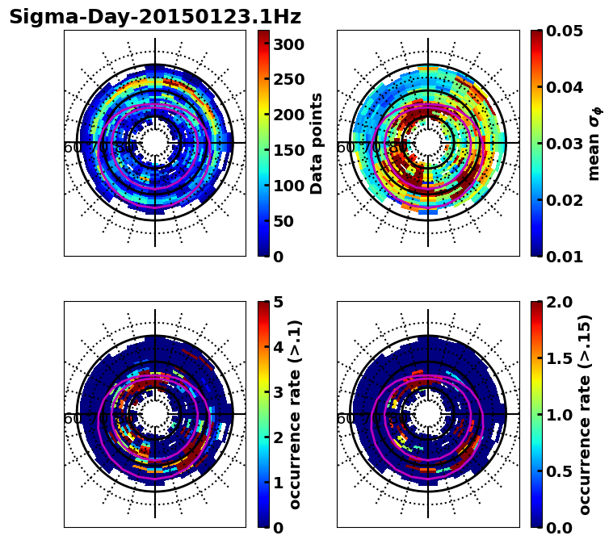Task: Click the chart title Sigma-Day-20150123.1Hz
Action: point(155,17)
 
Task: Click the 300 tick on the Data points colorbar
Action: point(288,44)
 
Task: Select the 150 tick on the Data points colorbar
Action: point(288,150)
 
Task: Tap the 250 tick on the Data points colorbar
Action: point(288,80)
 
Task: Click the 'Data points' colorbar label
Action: point(317,144)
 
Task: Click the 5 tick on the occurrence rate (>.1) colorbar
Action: point(279,302)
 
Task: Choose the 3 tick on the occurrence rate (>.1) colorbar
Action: point(279,392)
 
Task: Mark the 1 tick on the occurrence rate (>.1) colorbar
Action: point(279,483)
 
